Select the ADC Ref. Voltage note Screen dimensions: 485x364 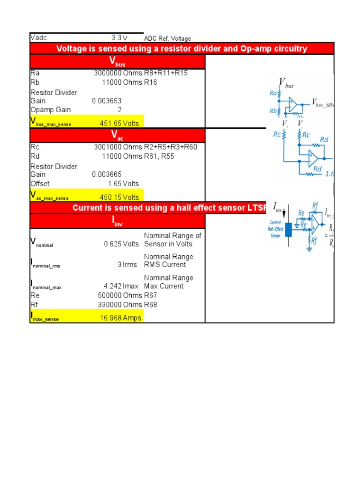point(167,38)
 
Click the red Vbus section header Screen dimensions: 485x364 point(118,62)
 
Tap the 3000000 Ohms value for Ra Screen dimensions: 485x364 point(118,73)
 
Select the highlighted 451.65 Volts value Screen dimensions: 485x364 point(119,123)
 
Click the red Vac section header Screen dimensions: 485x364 point(118,135)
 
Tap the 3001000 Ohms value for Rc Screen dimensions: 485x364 point(118,147)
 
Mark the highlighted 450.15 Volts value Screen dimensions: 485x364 point(119,197)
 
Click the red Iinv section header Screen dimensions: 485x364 point(118,221)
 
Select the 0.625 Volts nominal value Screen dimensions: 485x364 point(121,244)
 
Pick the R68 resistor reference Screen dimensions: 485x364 point(150,305)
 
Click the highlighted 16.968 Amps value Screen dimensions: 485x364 point(120,318)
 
